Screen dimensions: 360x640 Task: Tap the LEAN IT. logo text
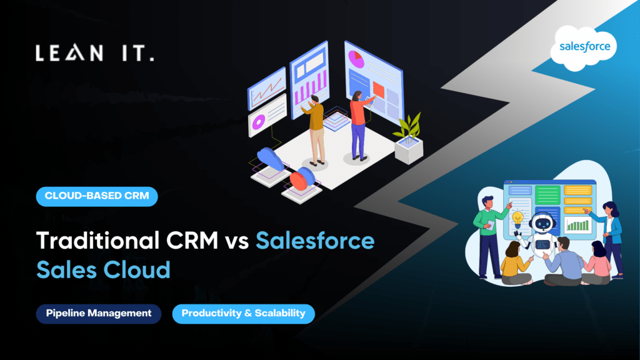(x=94, y=54)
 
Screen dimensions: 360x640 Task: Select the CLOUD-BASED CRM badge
(x=97, y=196)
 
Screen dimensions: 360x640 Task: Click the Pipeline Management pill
(x=98, y=313)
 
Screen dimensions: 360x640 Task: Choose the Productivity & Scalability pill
(x=243, y=313)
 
